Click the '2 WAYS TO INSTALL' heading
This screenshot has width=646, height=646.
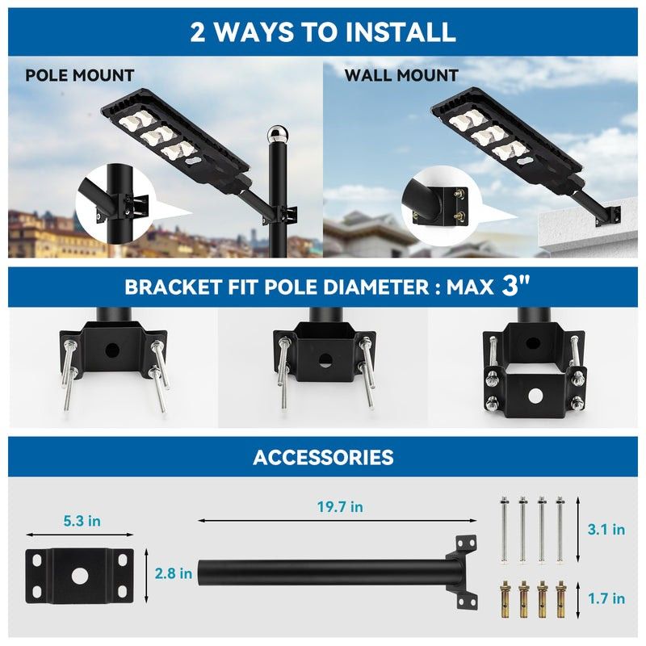click(x=323, y=31)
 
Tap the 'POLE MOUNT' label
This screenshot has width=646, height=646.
click(x=79, y=76)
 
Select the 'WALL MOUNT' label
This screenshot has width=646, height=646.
click(x=401, y=76)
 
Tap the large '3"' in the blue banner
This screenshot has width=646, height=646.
click(x=516, y=287)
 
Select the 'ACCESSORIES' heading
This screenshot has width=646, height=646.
click(x=323, y=457)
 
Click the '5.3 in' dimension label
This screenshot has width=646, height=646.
click(x=82, y=522)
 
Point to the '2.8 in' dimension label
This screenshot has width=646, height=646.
click(x=174, y=574)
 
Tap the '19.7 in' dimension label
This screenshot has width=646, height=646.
click(x=338, y=507)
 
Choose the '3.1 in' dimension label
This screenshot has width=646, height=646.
click(x=606, y=530)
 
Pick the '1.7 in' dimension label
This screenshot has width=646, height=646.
click(x=606, y=598)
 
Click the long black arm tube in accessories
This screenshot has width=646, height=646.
click(x=323, y=573)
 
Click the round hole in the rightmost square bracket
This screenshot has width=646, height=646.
click(x=532, y=395)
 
